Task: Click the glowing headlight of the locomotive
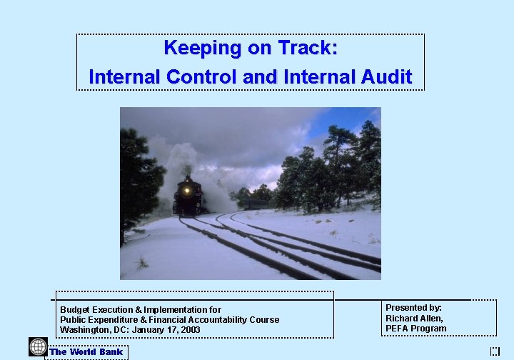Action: pos(188,191)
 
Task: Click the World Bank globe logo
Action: pos(38,347)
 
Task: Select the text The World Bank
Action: pos(86,352)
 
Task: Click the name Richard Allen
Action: pos(414,318)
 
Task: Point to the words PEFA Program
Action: pos(415,329)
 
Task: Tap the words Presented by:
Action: pos(413,308)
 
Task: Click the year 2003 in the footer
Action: pos(190,330)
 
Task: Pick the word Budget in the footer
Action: pos(75,310)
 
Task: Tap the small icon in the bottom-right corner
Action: pos(495,351)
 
